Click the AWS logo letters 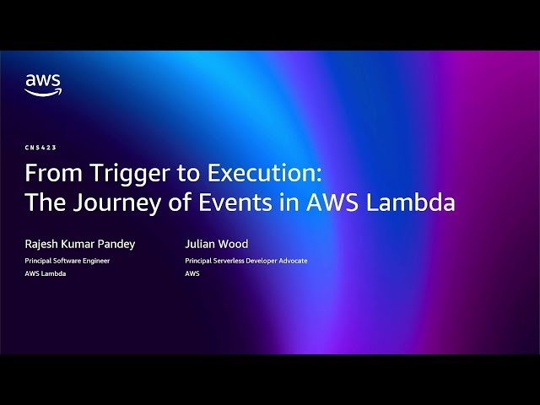pyautogui.click(x=42, y=81)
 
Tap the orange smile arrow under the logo pyautogui.click(x=42, y=92)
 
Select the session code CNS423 pyautogui.click(x=40, y=148)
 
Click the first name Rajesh pyautogui.click(x=44, y=244)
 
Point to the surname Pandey pyautogui.click(x=116, y=244)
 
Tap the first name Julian pyautogui.click(x=199, y=244)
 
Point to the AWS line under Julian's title pyautogui.click(x=192, y=274)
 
